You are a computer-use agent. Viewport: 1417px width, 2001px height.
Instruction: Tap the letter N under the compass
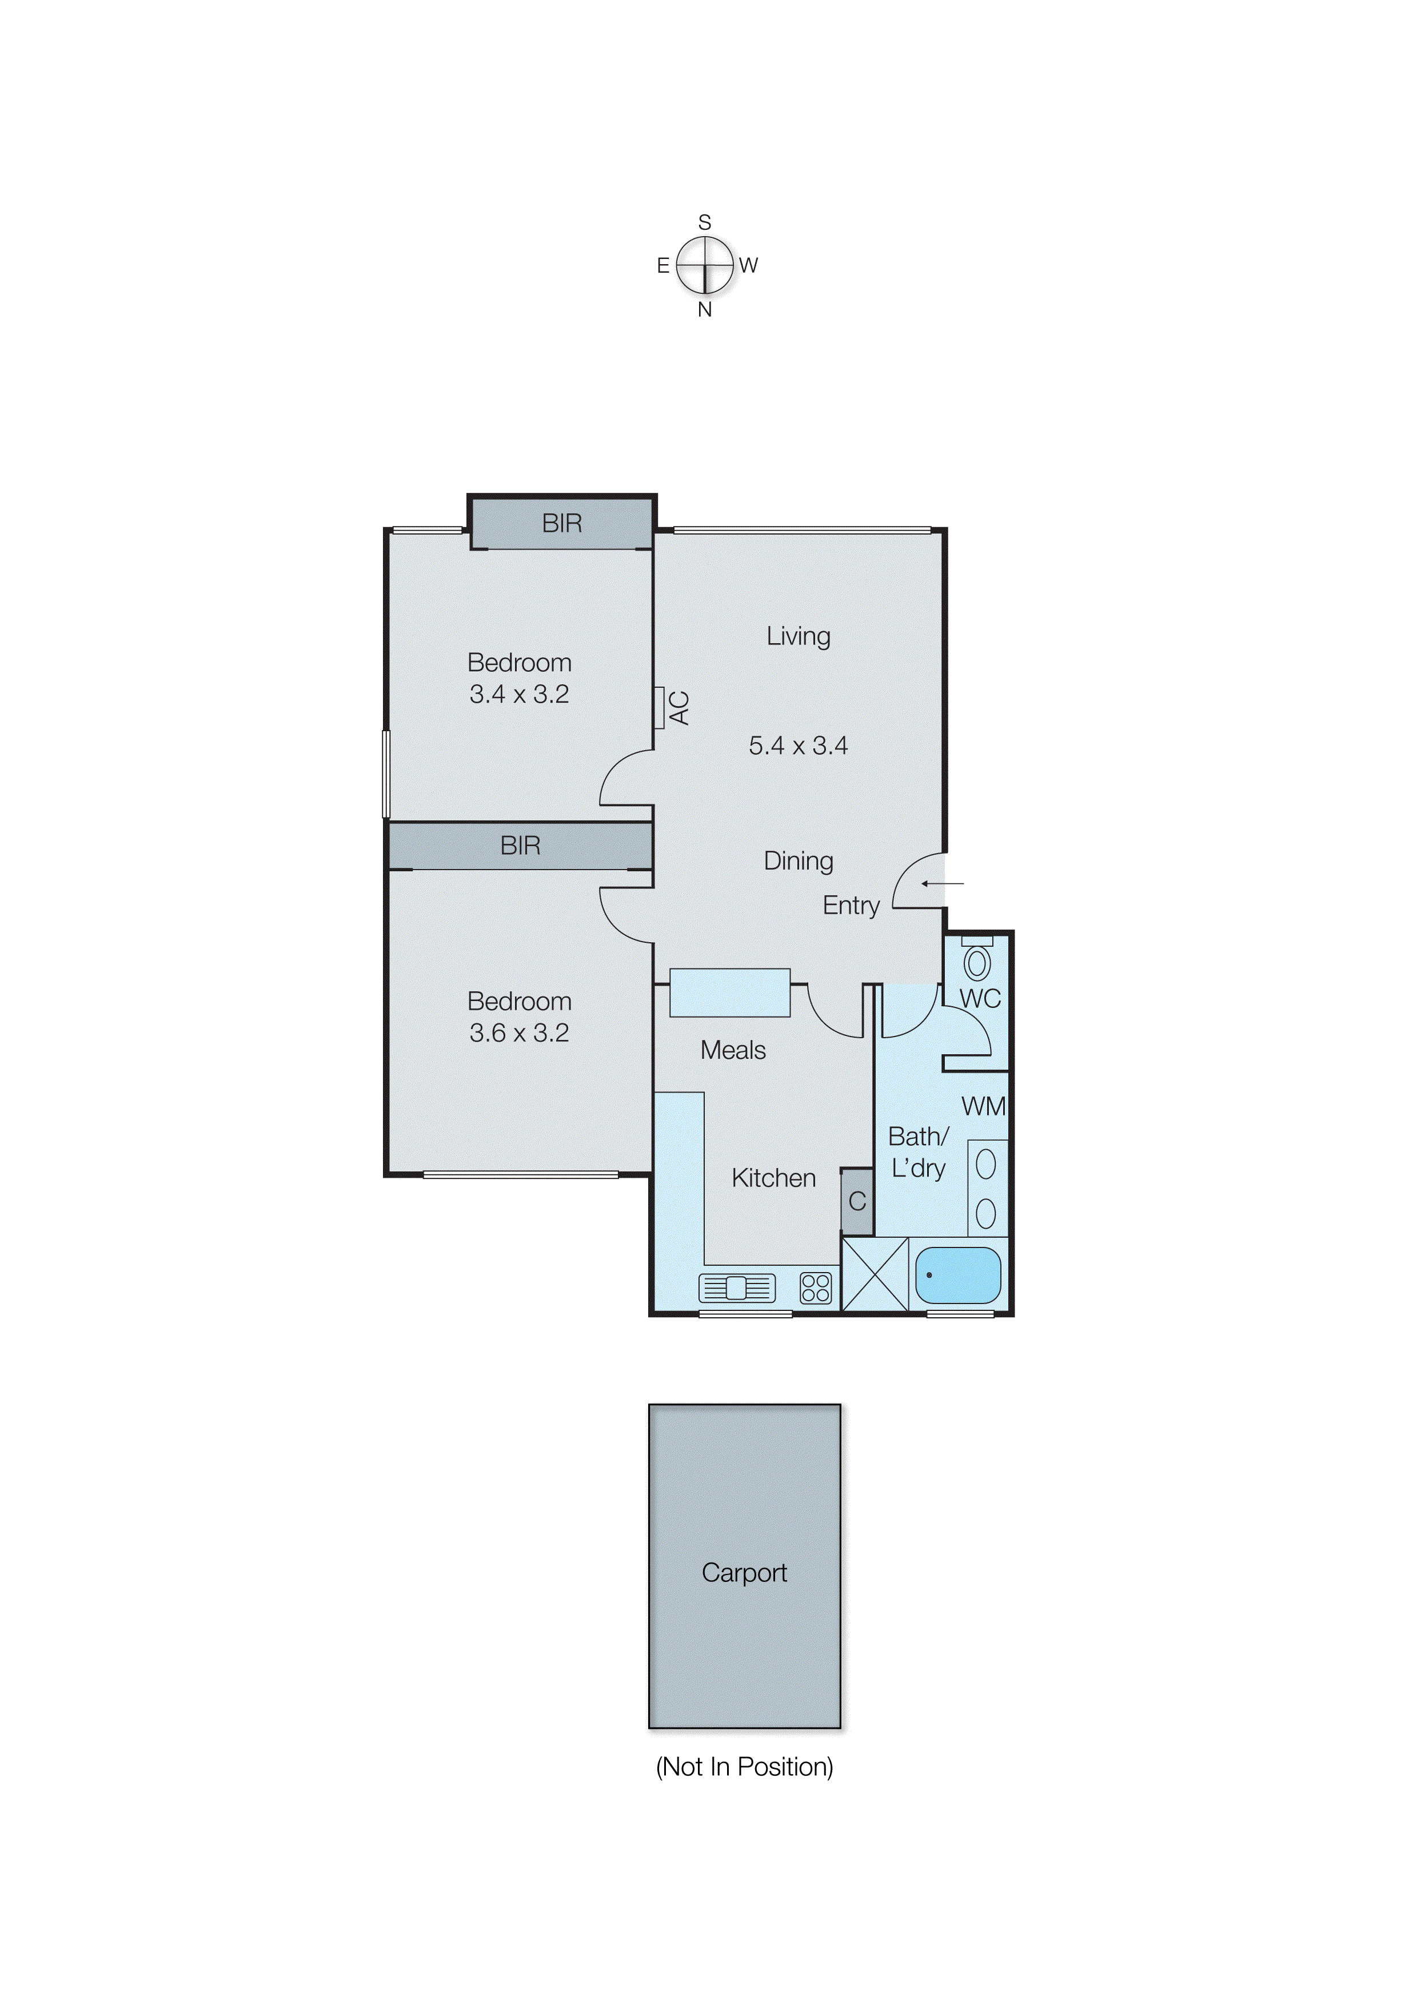tap(705, 310)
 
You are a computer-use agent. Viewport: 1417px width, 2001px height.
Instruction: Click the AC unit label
tap(680, 708)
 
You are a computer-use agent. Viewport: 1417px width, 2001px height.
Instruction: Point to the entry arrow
tap(943, 884)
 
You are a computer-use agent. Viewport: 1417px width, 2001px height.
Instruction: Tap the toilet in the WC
tap(977, 962)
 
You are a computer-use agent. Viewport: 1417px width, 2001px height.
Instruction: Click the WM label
tap(983, 1106)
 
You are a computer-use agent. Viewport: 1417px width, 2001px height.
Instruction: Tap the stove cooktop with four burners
tap(816, 1288)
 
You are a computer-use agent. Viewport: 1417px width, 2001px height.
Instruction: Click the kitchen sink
tap(737, 1288)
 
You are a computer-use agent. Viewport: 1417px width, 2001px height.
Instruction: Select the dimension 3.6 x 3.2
tap(519, 1033)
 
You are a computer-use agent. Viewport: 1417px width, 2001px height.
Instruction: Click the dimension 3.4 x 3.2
tap(519, 695)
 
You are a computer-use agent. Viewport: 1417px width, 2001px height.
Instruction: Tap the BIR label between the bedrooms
tap(520, 845)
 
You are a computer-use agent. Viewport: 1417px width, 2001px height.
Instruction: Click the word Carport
tap(744, 1573)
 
